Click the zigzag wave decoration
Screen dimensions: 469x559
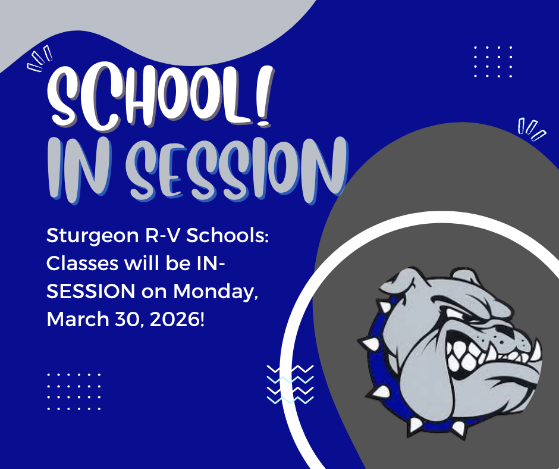290,384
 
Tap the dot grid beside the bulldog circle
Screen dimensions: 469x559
493,61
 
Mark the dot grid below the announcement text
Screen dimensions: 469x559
74,391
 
